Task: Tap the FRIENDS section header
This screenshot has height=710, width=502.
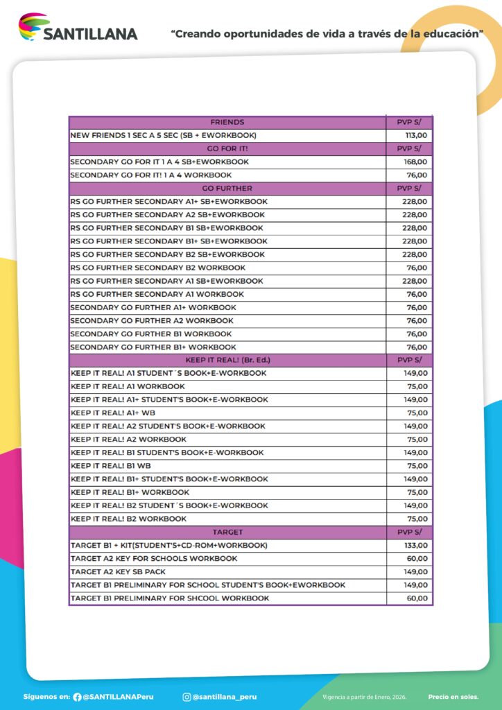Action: pyautogui.click(x=227, y=122)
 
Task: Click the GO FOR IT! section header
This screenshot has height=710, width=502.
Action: pyautogui.click(x=227, y=148)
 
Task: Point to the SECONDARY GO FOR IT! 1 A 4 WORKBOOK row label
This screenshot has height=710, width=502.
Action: pyautogui.click(x=151, y=175)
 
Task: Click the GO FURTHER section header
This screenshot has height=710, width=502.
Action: pyautogui.click(x=227, y=188)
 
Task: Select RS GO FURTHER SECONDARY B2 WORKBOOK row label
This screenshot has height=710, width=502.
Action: pyautogui.click(x=157, y=268)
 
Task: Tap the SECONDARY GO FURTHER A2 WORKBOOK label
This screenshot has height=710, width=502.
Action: pyautogui.click(x=152, y=320)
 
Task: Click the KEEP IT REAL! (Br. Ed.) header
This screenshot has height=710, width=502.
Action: pyautogui.click(x=227, y=360)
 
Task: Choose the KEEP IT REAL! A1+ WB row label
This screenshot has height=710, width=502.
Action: pyautogui.click(x=113, y=413)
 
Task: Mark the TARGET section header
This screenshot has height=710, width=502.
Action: pyautogui.click(x=227, y=532)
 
